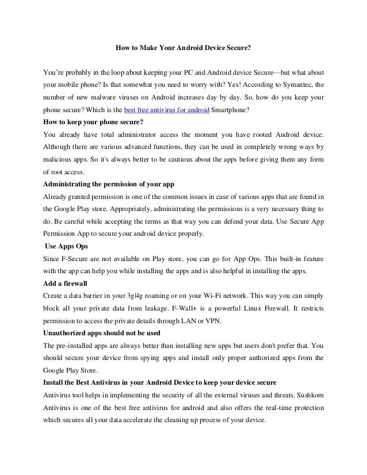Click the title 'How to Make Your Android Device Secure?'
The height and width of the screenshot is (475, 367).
tap(183, 49)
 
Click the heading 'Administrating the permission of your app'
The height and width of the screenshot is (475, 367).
tap(109, 183)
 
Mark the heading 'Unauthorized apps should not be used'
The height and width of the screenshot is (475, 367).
tap(102, 333)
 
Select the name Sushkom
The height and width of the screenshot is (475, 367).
tap(307, 394)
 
